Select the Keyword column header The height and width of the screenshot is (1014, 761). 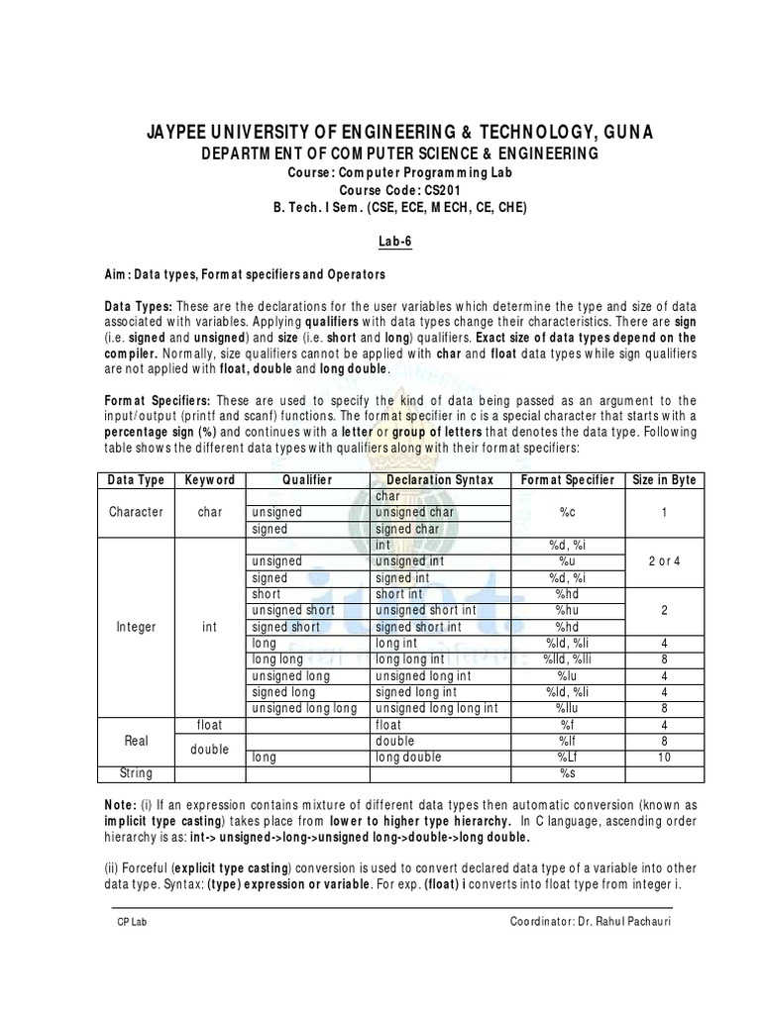(209, 480)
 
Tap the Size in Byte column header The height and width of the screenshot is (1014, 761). (664, 480)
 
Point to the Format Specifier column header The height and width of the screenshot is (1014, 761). (568, 480)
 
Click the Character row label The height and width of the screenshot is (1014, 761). (137, 512)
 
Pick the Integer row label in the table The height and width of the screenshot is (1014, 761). (137, 627)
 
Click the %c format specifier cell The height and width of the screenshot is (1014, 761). (568, 512)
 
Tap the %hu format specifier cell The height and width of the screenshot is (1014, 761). (568, 611)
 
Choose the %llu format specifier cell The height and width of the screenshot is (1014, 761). (568, 708)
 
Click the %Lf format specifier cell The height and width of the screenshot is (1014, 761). (568, 757)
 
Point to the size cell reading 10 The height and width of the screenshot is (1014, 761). (664, 757)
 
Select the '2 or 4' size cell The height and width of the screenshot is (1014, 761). (664, 561)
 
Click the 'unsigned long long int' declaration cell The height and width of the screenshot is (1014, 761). (434, 708)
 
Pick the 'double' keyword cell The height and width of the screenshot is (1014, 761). (209, 749)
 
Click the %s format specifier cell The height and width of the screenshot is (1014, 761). (568, 772)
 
